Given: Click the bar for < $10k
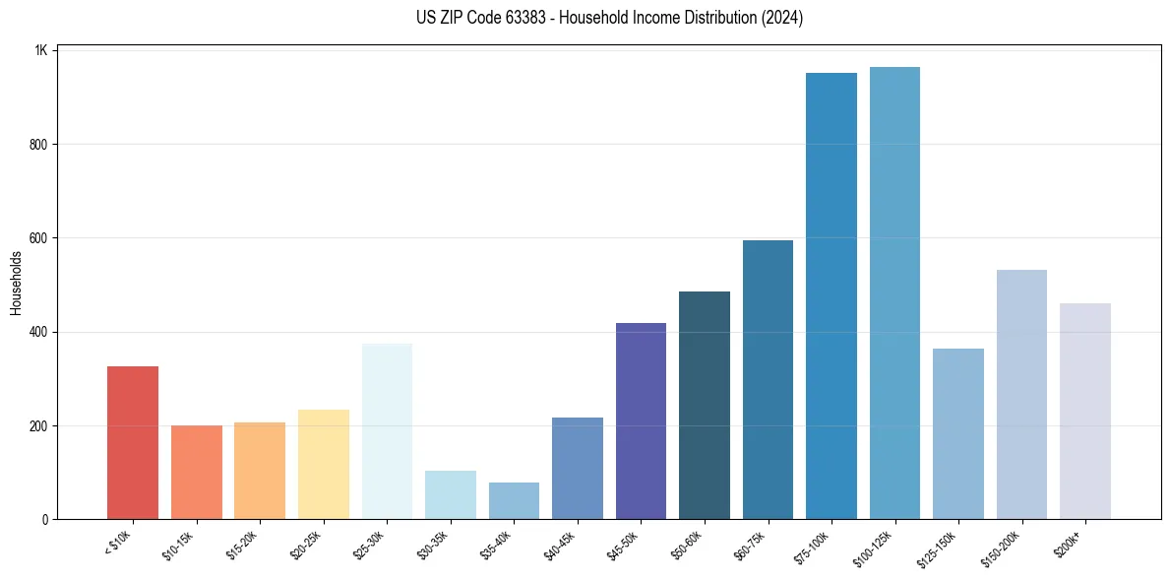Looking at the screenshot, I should [132, 443].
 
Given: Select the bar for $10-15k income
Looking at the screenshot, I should [196, 473].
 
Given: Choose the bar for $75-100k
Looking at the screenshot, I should [831, 296].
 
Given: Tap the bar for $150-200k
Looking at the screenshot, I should [1021, 395].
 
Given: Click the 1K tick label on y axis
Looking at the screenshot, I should [41, 50].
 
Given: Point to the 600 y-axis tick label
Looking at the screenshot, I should [39, 238].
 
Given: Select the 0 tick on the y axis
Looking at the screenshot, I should [45, 520].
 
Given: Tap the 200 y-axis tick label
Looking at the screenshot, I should [39, 426].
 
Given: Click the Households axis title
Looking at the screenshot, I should [17, 283].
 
